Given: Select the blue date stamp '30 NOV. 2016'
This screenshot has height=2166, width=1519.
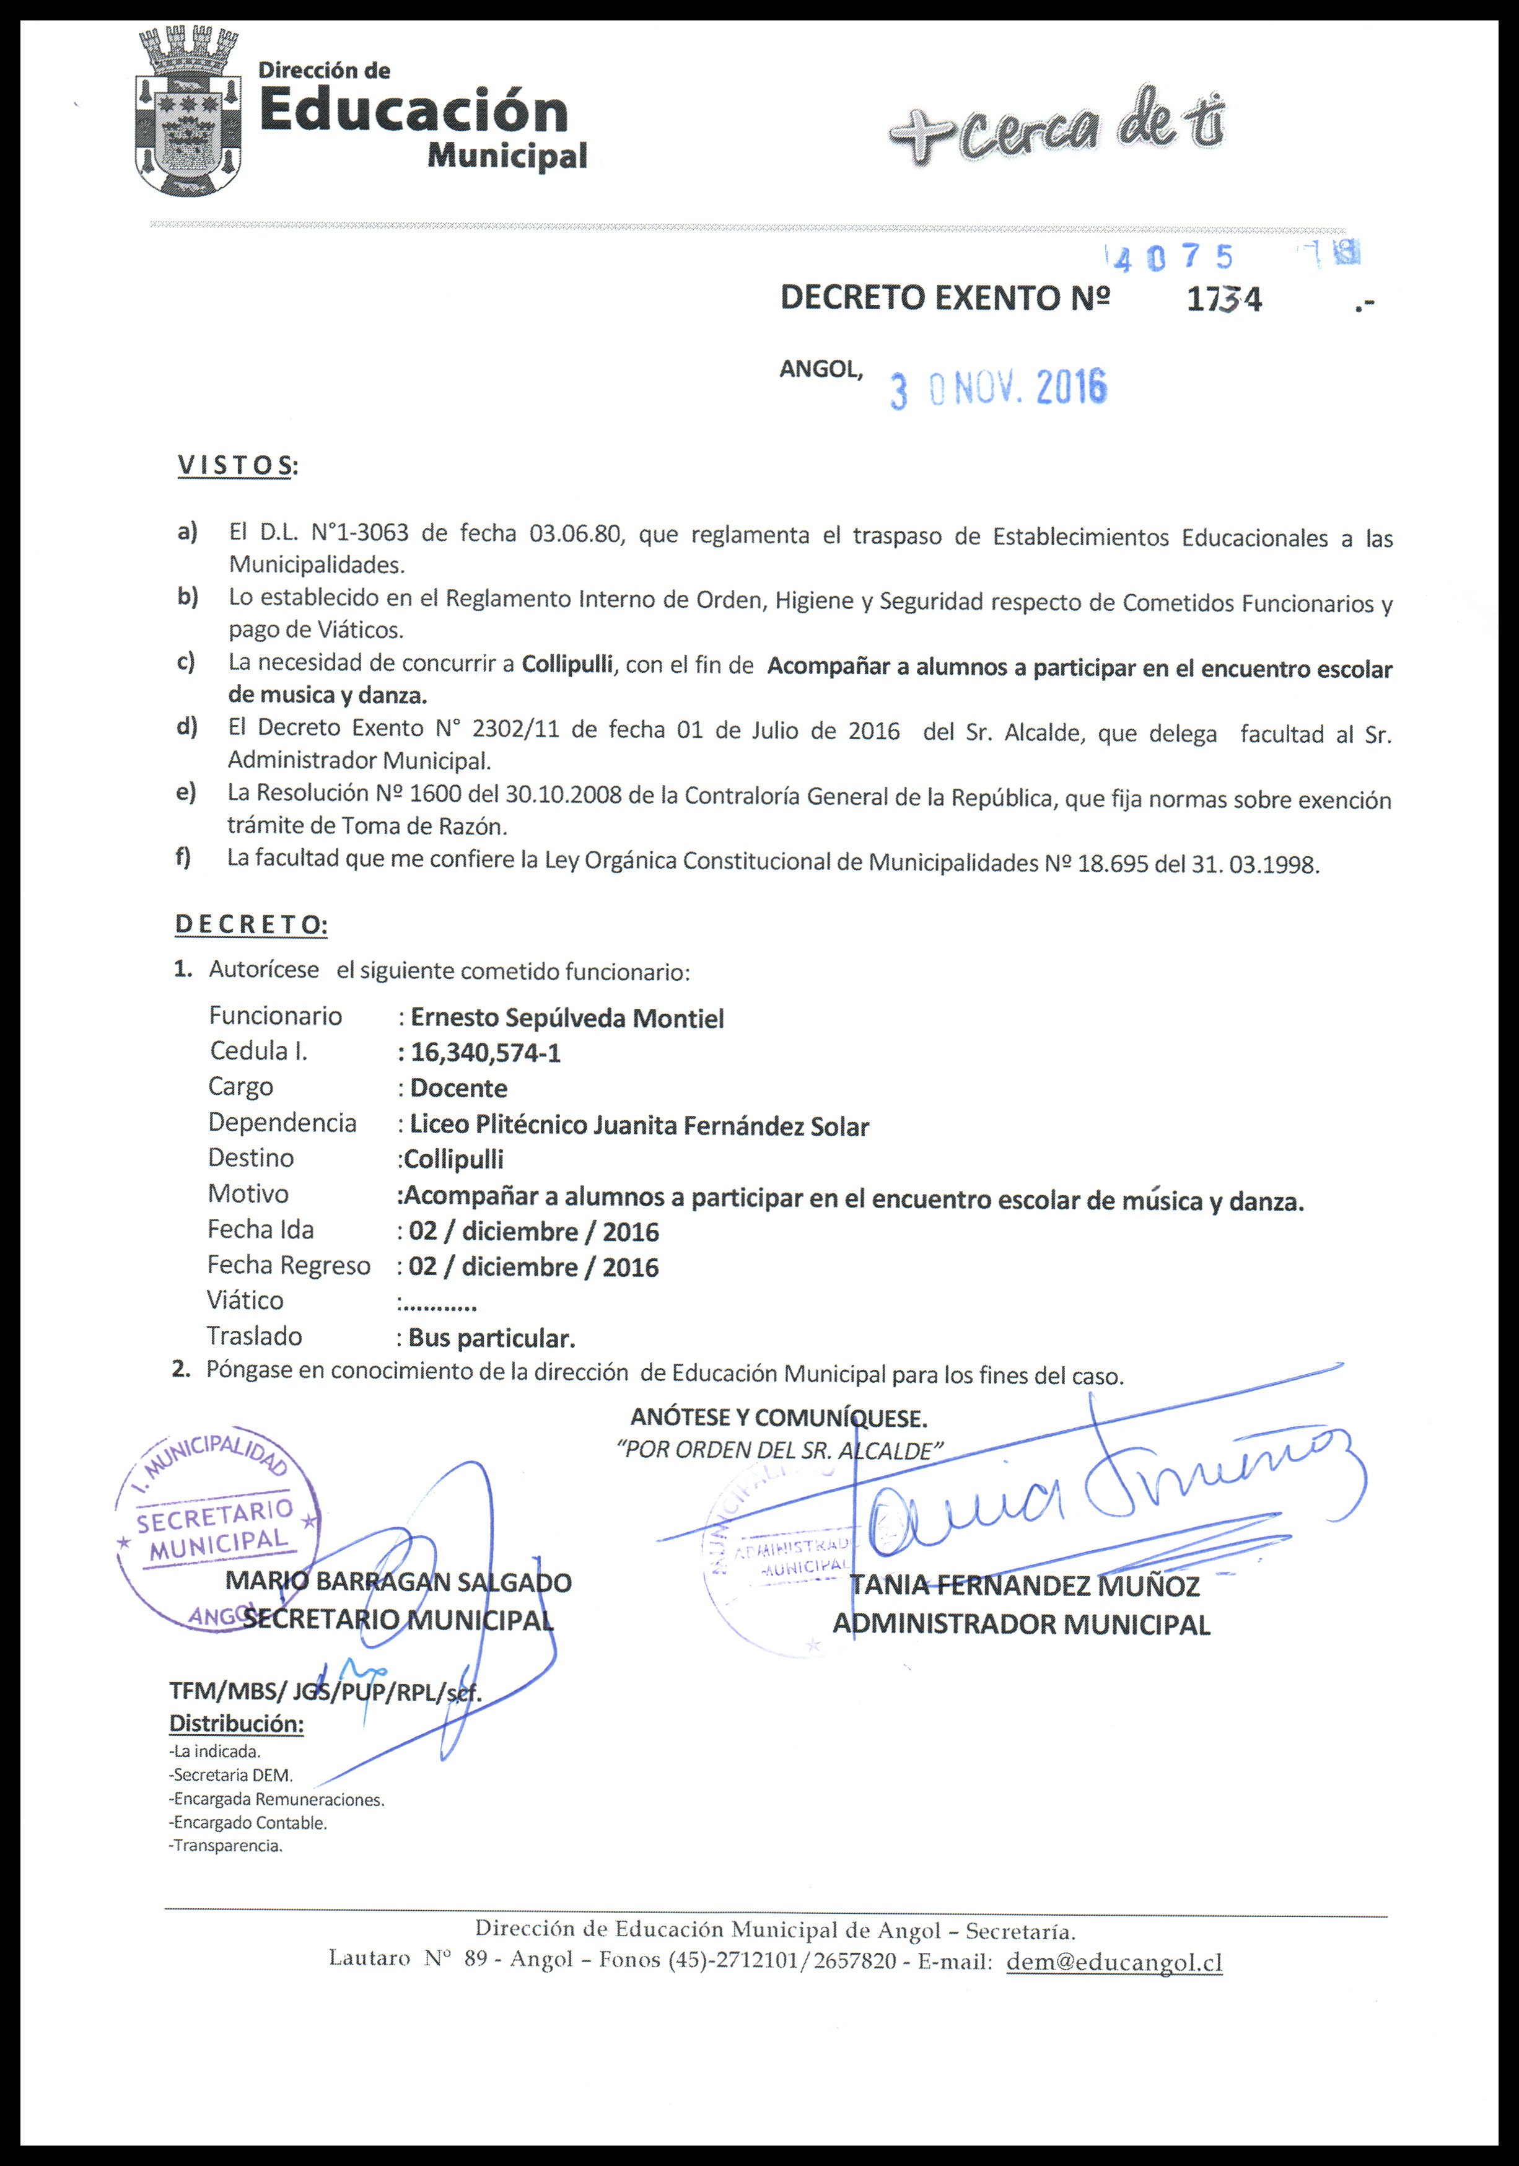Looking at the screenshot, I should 999,388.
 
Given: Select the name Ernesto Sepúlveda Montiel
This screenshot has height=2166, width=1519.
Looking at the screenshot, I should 567,1019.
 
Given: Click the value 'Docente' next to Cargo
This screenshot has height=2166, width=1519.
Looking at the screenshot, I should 458,1089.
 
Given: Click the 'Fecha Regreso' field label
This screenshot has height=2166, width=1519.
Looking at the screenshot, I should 289,1265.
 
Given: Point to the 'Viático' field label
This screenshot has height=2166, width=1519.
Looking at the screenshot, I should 245,1301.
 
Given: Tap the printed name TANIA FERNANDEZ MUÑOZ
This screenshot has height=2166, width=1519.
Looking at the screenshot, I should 1025,1586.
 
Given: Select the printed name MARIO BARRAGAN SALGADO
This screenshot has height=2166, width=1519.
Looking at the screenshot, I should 398,1582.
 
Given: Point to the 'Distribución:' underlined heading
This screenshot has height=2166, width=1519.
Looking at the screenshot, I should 236,1724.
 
